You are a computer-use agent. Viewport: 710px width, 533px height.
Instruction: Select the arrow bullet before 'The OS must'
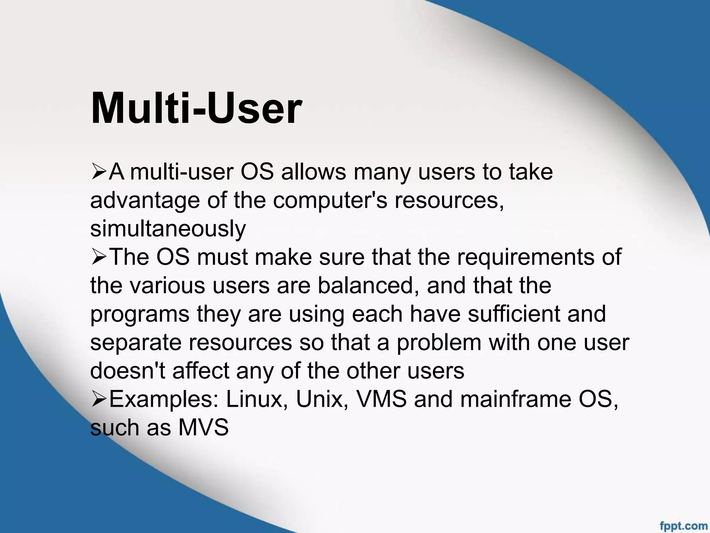98,257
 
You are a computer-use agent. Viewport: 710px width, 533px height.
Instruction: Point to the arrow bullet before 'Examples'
98,399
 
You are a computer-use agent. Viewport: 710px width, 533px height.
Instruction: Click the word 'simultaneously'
168,229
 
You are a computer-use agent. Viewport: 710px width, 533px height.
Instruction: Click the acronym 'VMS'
381,399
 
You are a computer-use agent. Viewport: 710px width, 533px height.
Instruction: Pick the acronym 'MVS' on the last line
204,428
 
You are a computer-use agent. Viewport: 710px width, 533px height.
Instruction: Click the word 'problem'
439,342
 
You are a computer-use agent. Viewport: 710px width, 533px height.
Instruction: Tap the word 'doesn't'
128,371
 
